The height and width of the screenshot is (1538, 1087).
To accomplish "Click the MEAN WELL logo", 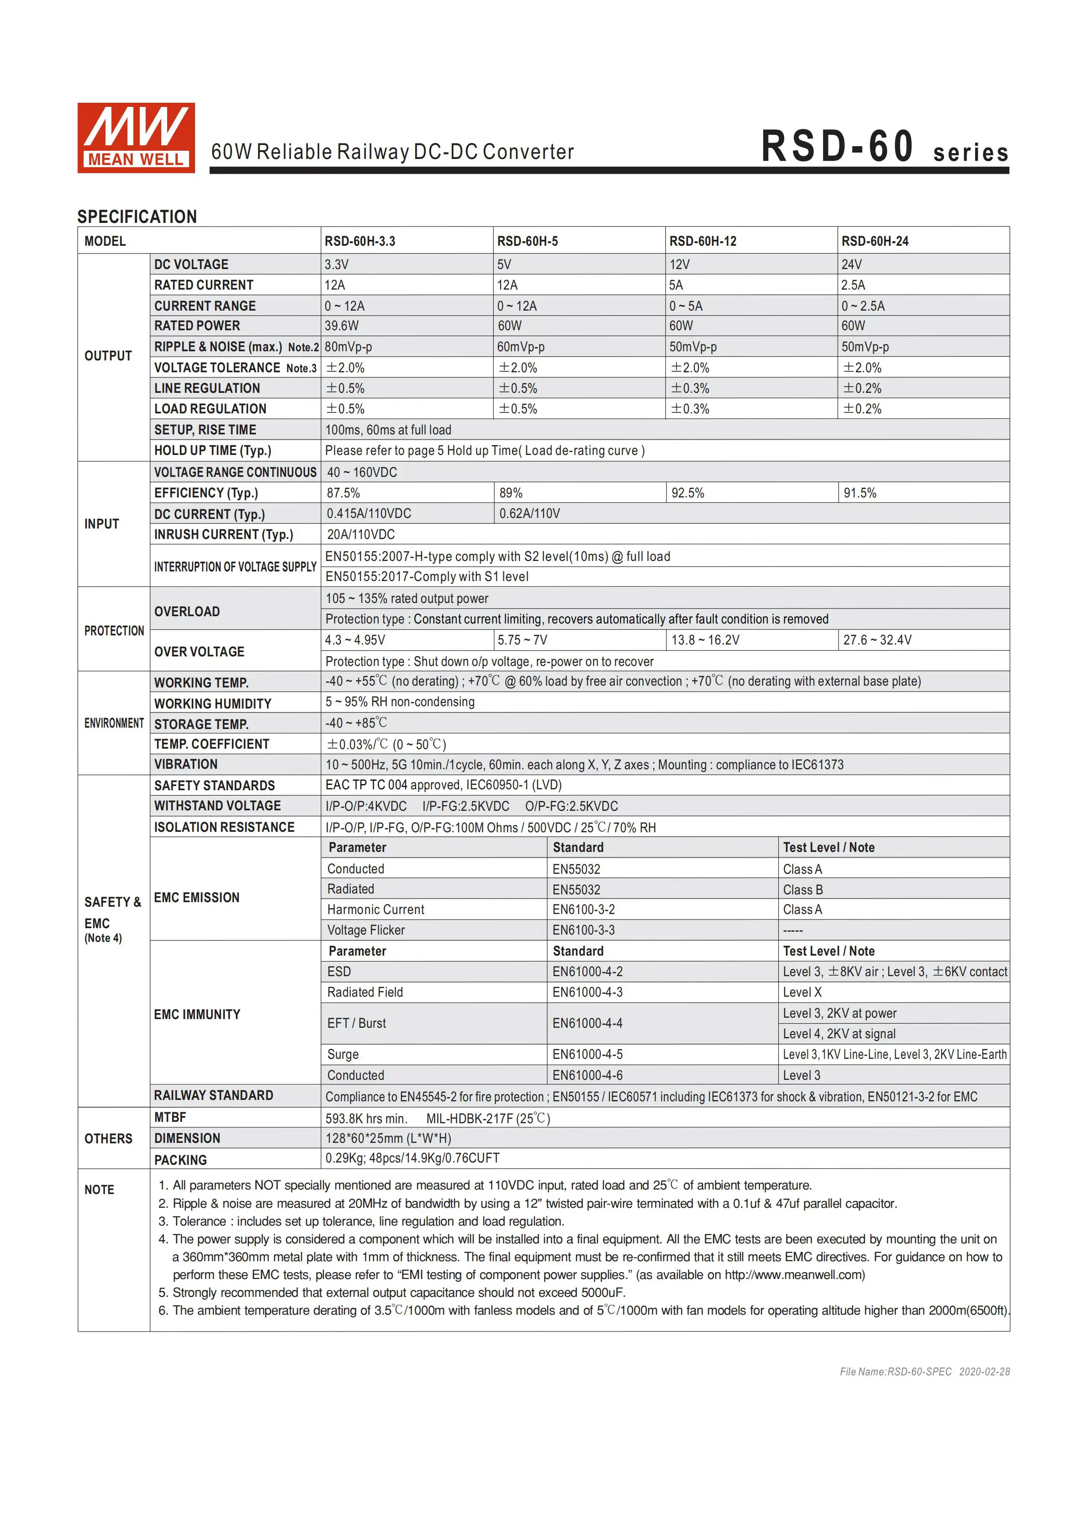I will click(136, 138).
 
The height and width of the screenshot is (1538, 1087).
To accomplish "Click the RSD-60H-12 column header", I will click(702, 241).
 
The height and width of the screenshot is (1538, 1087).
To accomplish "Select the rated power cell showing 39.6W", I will click(342, 326).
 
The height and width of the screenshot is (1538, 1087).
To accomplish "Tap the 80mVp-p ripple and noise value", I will click(348, 347).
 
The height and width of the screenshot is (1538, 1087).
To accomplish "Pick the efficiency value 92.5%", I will click(688, 493).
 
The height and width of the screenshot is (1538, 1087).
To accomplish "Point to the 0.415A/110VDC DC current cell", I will click(369, 514).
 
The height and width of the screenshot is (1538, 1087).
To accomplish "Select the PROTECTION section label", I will click(114, 630).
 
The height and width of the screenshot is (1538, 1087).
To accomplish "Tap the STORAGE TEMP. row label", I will click(201, 724).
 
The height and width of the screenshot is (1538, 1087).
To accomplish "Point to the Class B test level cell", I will click(802, 889).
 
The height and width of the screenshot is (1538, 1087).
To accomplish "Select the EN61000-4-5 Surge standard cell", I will click(587, 1054).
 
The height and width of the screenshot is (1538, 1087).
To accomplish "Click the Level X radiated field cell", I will click(802, 992).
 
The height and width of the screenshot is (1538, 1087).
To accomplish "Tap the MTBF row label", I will click(170, 1117).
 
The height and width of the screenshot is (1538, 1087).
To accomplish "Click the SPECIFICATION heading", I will click(137, 217).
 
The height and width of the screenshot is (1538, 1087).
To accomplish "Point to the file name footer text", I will click(924, 1372).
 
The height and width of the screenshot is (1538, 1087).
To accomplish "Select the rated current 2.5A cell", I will click(853, 285).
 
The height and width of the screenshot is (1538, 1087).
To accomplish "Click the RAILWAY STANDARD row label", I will click(214, 1095).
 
